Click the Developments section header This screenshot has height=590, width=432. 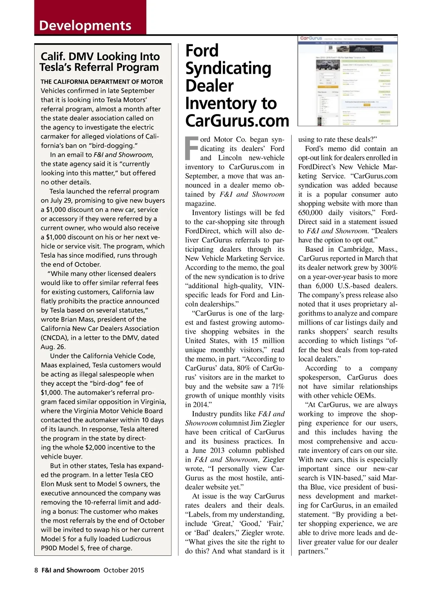tap(85, 26)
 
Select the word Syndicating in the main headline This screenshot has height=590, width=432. tap(228, 68)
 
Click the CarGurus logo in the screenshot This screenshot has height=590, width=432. tap(311, 38)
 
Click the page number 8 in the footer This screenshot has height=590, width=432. tap(36, 570)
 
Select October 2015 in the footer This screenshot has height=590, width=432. tap(124, 570)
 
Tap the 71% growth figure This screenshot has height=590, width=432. tap(278, 386)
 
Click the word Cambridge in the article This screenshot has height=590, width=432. tap(346, 249)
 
